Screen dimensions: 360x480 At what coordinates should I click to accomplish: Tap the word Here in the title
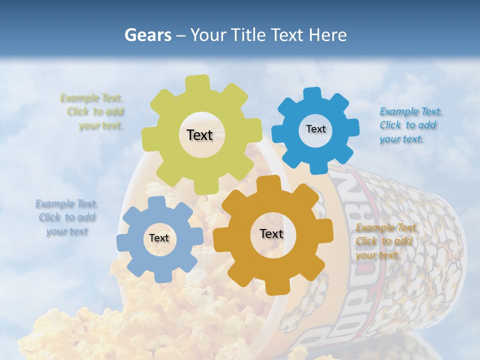point(327,35)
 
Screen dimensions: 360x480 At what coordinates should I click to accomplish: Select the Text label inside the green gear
point(199,135)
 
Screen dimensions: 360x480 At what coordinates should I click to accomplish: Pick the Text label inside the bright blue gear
point(315,129)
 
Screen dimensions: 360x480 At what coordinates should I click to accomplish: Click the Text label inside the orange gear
point(271,233)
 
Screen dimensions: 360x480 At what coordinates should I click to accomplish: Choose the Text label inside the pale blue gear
point(159,238)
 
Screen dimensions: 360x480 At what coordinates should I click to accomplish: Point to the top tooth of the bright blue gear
point(312,94)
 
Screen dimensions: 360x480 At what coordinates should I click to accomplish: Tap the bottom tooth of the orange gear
point(274,287)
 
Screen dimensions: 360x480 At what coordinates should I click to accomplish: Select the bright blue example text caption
point(408,125)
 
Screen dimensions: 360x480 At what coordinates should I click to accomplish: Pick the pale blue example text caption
point(66,217)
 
